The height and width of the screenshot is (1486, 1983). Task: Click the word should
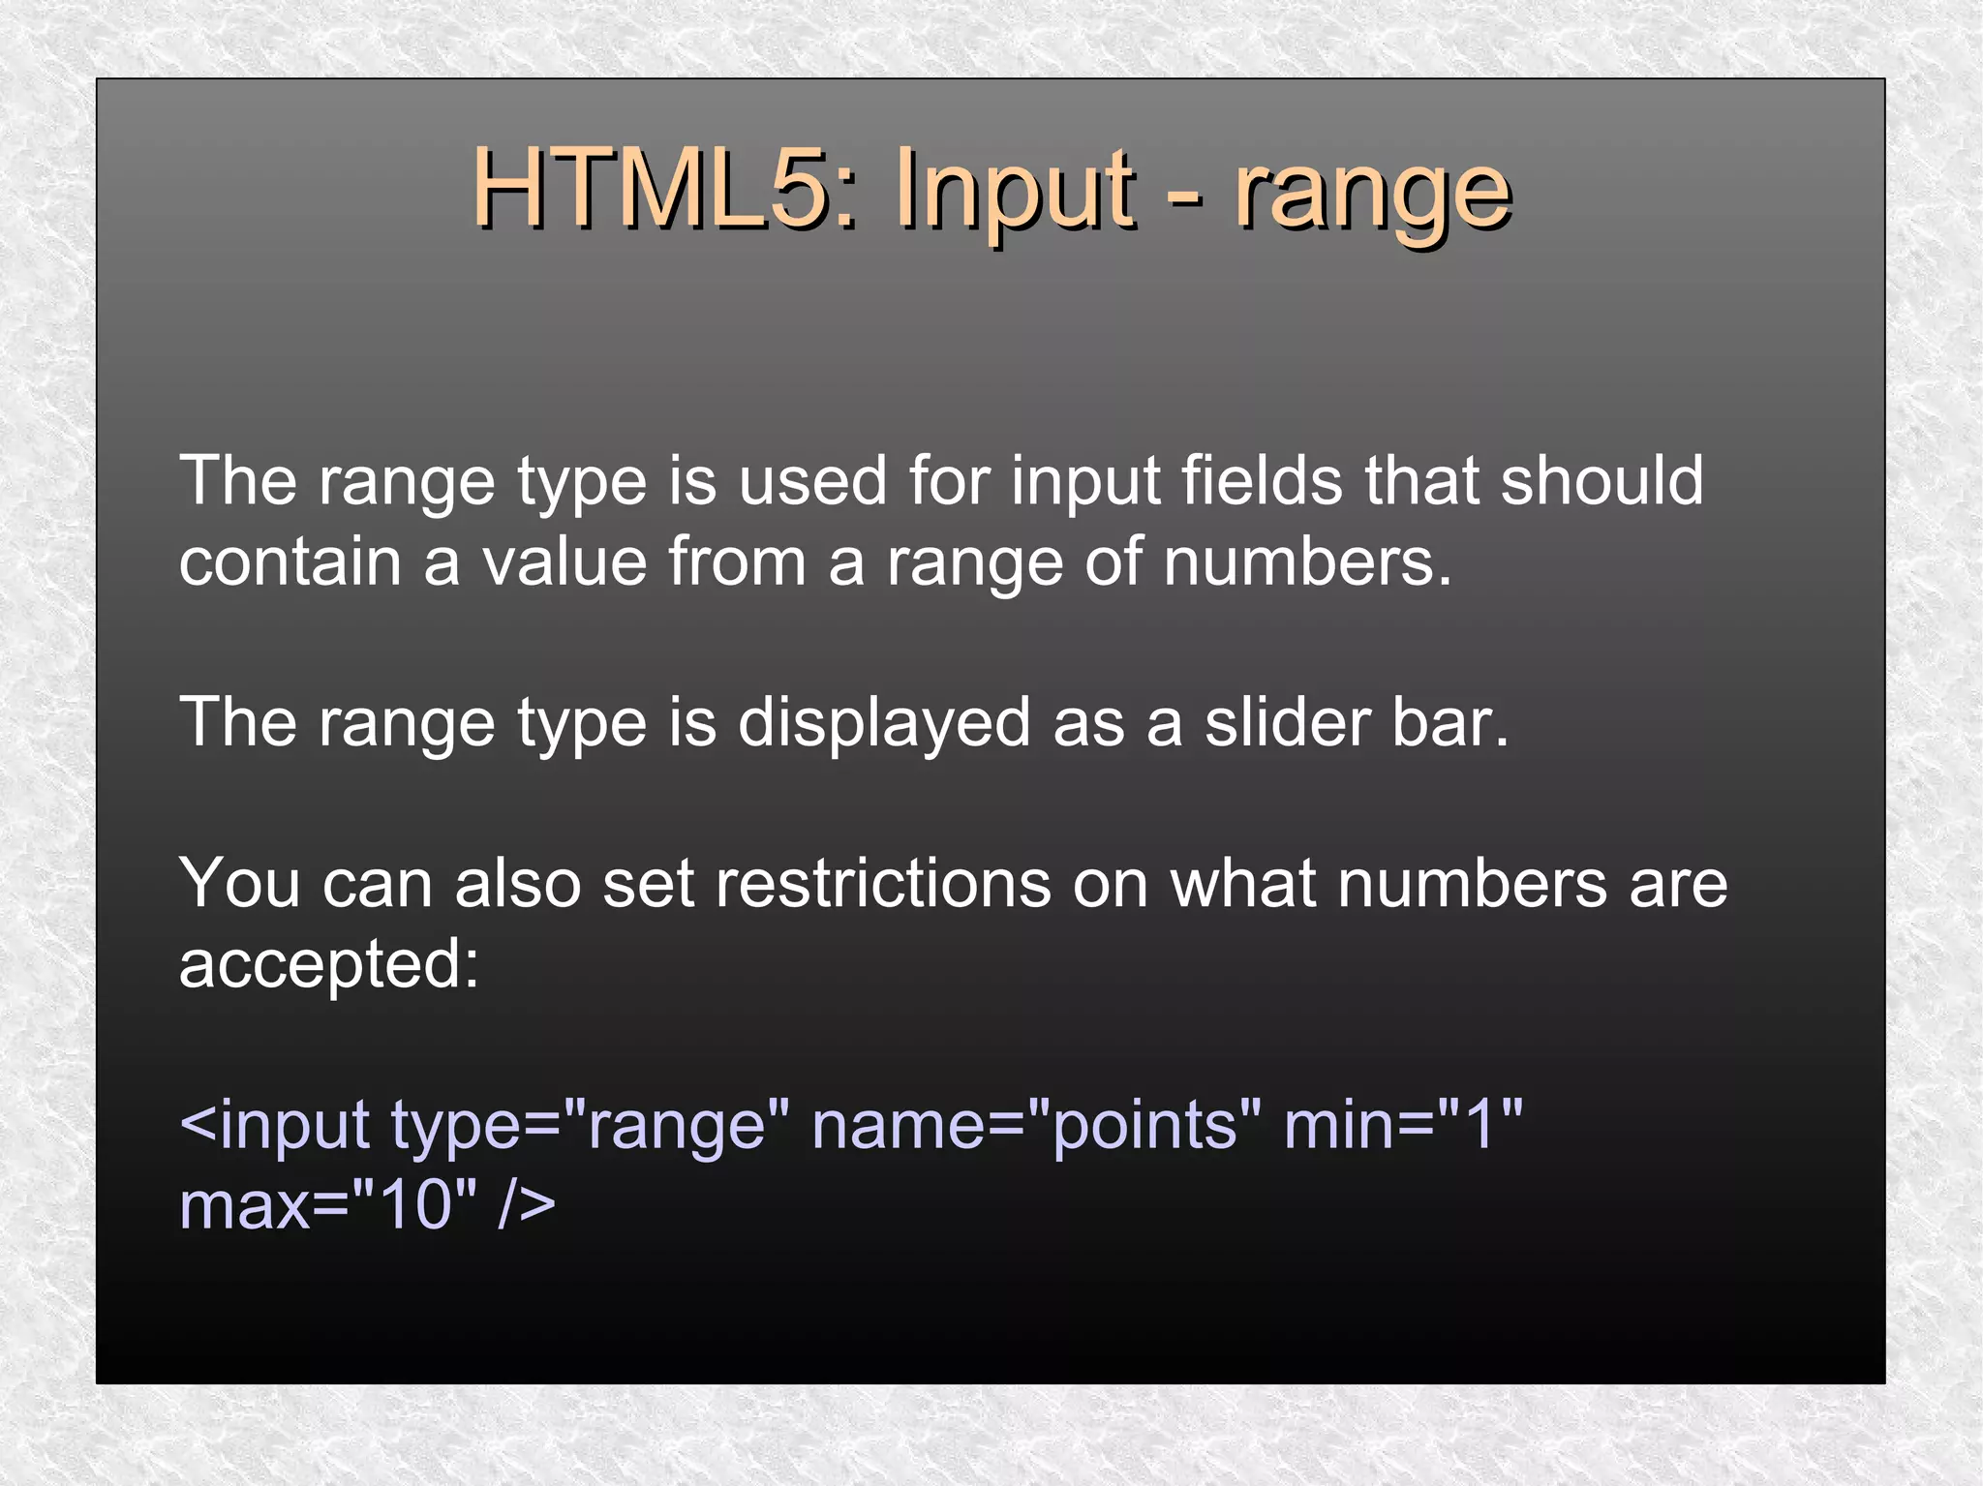pos(1602,480)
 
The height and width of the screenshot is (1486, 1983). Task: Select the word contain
pos(290,561)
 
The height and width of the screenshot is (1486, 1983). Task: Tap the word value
pos(564,561)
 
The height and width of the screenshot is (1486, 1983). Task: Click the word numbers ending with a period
pos(1307,561)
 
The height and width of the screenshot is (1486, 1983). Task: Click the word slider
pos(1287,722)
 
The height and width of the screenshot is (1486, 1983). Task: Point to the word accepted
pos(328,965)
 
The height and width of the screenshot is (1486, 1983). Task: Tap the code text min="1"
pos(1403,1125)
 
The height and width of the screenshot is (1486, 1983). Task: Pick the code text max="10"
pos(328,1206)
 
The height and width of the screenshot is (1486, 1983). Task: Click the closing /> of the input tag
pos(527,1206)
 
